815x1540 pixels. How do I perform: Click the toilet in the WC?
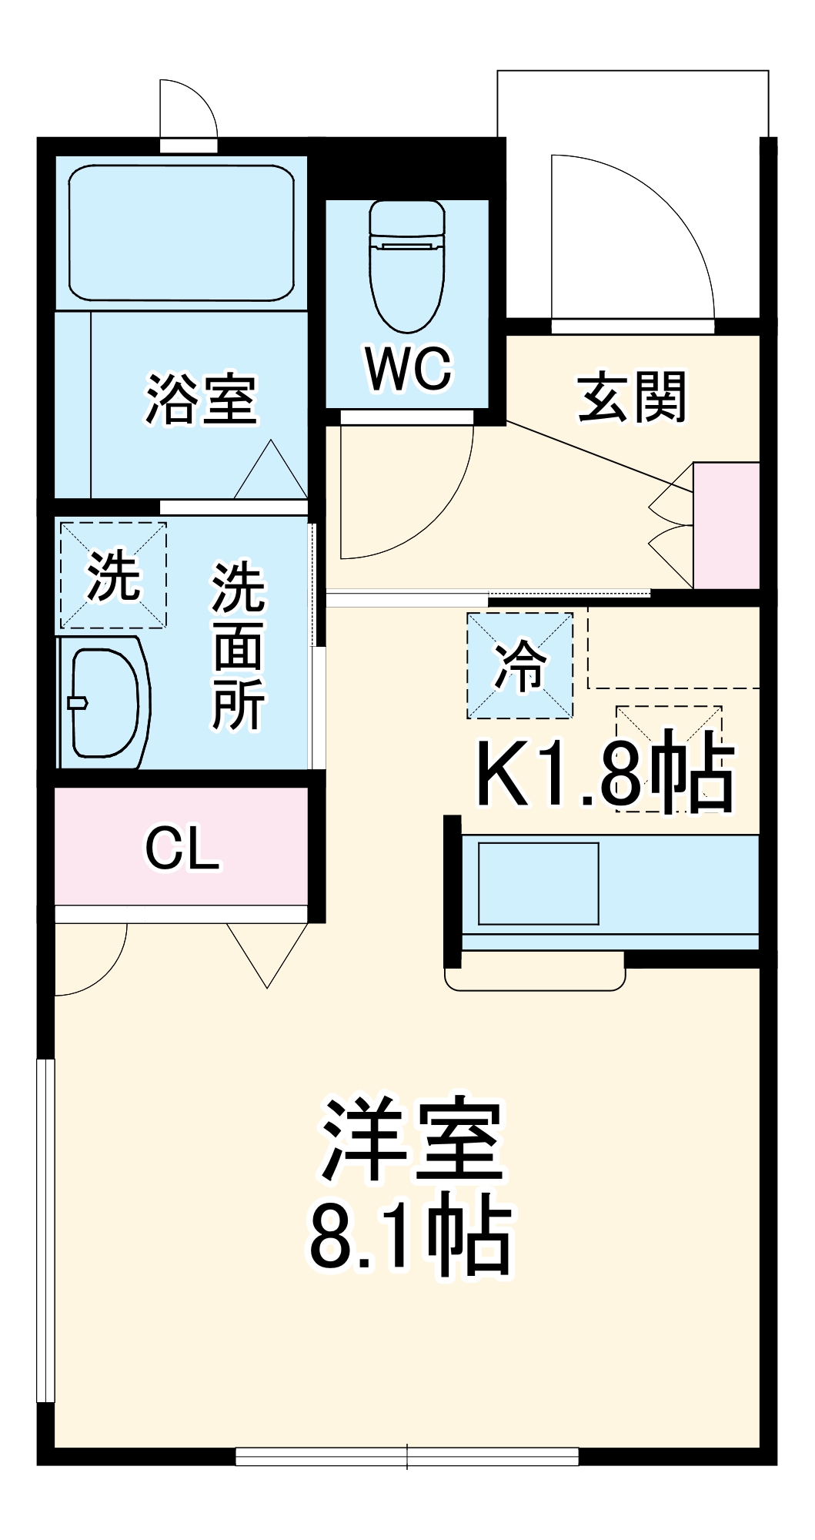tap(407, 266)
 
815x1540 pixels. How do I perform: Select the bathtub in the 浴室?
tap(181, 233)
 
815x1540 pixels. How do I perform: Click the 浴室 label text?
tap(202, 400)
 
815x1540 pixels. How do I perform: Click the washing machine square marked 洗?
tap(113, 575)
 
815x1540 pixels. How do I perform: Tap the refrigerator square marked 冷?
tap(520, 666)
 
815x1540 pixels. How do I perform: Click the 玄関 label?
tap(632, 397)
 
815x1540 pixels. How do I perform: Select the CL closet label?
tap(182, 849)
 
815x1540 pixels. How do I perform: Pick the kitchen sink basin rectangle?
tap(538, 883)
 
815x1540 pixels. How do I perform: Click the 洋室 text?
tap(413, 1140)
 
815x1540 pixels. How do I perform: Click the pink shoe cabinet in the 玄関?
tap(726, 525)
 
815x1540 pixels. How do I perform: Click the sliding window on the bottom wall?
tap(407, 1455)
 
